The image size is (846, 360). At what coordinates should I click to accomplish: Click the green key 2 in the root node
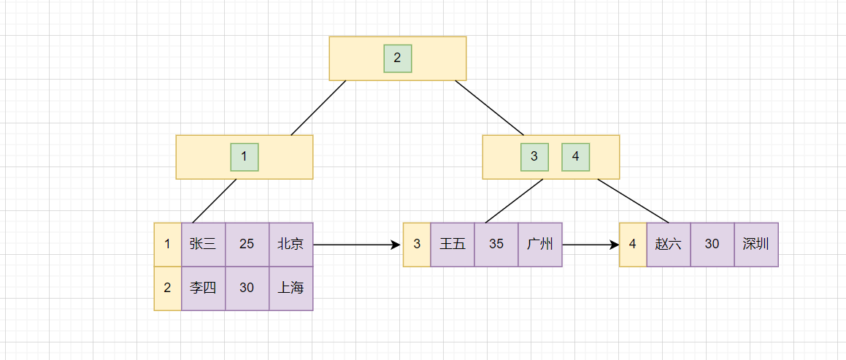[398, 58]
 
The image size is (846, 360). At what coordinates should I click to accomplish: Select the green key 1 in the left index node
[245, 156]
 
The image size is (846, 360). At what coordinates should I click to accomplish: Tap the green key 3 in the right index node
[534, 156]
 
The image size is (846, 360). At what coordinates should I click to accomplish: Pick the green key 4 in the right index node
[575, 156]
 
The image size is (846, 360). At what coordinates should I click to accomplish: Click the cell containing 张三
[203, 244]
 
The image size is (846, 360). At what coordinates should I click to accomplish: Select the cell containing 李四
[203, 288]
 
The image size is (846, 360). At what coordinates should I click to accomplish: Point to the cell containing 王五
[453, 244]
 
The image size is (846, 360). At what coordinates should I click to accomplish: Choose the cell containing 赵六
[669, 244]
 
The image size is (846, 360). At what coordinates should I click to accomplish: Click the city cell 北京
[291, 244]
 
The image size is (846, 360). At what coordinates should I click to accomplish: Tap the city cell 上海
[291, 288]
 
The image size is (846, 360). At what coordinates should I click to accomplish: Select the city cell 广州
[540, 244]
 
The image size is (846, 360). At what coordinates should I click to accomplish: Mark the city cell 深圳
[756, 244]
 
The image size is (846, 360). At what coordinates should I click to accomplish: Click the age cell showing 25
[247, 244]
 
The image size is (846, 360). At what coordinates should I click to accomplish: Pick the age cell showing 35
[496, 244]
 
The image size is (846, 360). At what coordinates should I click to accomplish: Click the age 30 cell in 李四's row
[247, 288]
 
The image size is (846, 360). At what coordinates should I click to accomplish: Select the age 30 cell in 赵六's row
[712, 244]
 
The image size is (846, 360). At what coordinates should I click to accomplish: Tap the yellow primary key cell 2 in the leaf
[167, 288]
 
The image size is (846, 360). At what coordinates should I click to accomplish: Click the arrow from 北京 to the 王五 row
[358, 245]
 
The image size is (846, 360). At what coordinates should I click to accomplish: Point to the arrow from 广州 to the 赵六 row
[591, 245]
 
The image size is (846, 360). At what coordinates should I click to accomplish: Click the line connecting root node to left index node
[318, 108]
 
